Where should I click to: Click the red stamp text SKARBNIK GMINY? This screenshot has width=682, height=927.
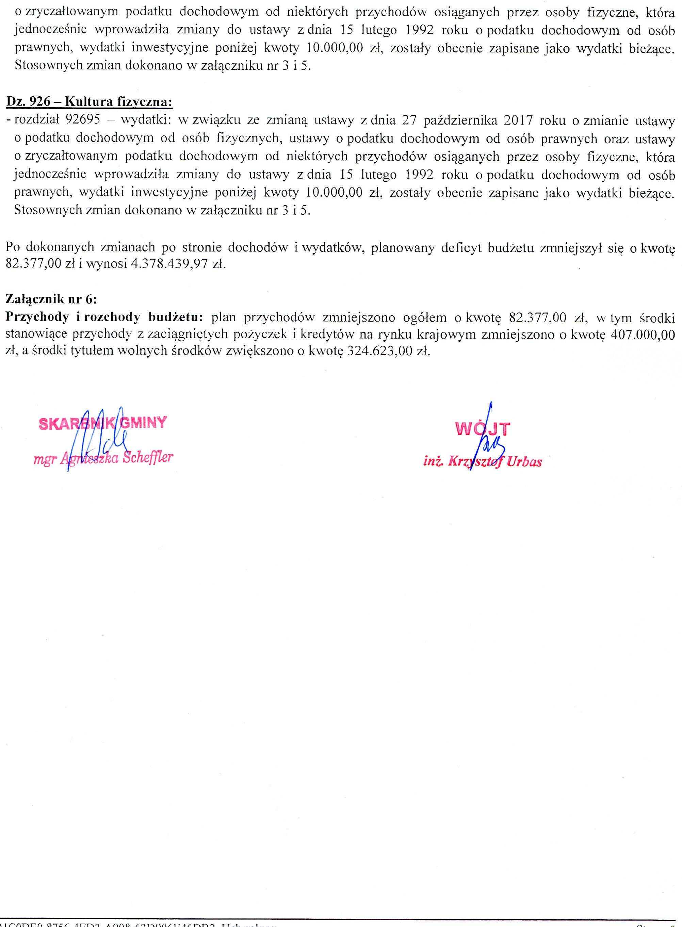pos(103,423)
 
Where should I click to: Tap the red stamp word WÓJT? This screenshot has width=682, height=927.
pos(483,429)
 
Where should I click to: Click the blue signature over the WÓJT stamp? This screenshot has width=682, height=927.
pos(489,442)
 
